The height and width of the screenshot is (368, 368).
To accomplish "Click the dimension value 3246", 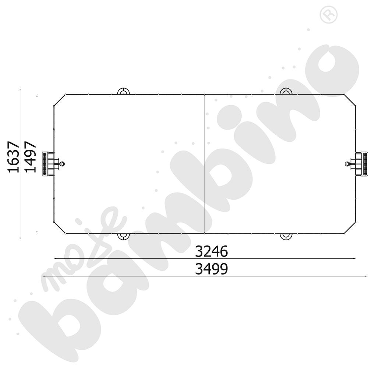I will click(211, 252).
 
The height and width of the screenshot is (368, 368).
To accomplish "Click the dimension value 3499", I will click(211, 269).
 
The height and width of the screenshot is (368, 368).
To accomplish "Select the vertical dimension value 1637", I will click(13, 156).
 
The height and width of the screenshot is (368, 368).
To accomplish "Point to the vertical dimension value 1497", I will click(30, 156).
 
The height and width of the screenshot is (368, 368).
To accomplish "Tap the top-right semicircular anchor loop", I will click(286, 91).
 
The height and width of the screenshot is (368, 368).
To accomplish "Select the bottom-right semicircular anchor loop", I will click(286, 236).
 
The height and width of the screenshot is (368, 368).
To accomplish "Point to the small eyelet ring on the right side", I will click(347, 164).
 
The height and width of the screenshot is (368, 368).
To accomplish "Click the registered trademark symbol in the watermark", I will click(326, 15).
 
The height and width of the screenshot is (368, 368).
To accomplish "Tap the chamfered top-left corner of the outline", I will click(59, 100).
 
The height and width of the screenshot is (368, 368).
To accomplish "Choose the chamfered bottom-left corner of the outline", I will click(59, 227).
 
